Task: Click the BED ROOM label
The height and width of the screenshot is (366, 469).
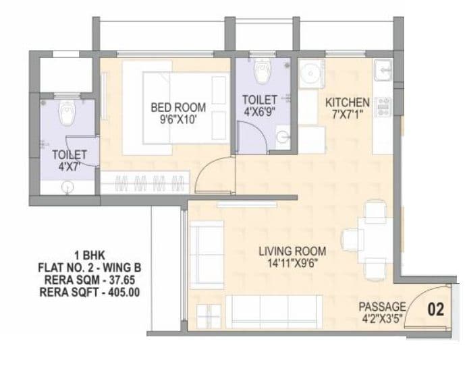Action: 178,108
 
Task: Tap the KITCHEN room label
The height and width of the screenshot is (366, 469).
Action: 348,102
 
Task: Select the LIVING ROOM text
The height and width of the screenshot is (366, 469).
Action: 288,251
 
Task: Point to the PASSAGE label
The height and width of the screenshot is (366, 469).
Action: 382,307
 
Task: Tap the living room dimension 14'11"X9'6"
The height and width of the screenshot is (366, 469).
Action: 288,263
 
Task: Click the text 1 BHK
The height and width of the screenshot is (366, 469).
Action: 87,255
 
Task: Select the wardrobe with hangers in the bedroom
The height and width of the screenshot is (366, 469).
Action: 145,183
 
